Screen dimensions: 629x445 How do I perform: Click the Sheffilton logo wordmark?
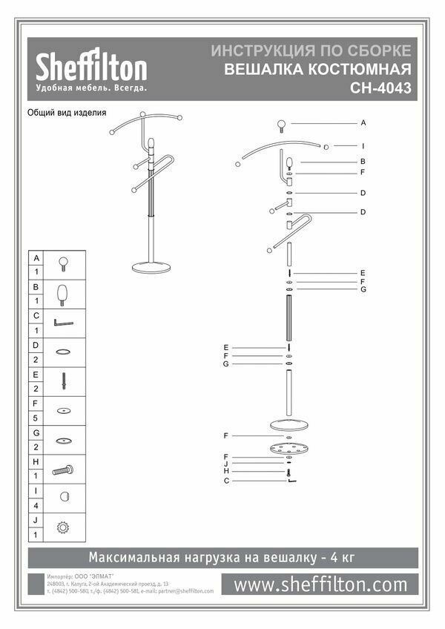pyautogui.click(x=92, y=69)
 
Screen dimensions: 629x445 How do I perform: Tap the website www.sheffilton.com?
pyautogui.click(x=320, y=584)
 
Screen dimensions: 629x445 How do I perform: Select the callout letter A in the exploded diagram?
pyautogui.click(x=364, y=122)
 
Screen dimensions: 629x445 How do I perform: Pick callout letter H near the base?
pyautogui.click(x=225, y=472)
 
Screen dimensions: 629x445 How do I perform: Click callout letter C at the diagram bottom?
pyautogui.click(x=225, y=481)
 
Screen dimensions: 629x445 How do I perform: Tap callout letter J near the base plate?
pyautogui.click(x=225, y=464)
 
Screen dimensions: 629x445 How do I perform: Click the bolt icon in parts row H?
pyautogui.click(x=63, y=469)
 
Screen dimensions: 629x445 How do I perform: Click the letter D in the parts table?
pyautogui.click(x=36, y=345)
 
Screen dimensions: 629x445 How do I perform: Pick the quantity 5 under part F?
pyautogui.click(x=36, y=417)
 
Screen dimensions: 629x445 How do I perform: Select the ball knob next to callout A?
pyautogui.click(x=283, y=124)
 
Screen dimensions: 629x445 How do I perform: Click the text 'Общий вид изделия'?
pyautogui.click(x=67, y=113)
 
